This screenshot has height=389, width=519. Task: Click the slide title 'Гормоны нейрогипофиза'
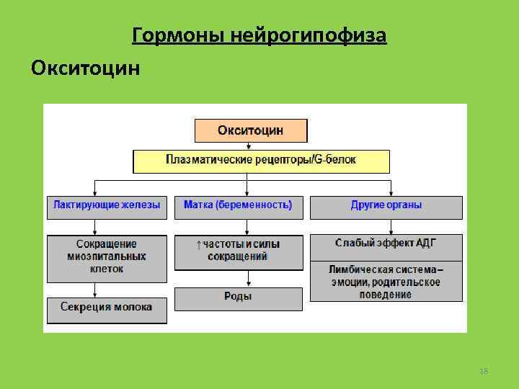click(259, 35)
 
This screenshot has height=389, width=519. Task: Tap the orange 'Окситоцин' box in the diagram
click(251, 130)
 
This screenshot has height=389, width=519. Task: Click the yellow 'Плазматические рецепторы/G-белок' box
click(261, 160)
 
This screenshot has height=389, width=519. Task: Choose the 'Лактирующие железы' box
click(107, 206)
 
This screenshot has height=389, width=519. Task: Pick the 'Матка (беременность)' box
click(238, 206)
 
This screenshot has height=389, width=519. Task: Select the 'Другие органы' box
click(386, 206)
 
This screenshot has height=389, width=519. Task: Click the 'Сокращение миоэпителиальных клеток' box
click(107, 256)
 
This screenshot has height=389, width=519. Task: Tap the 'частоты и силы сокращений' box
click(238, 251)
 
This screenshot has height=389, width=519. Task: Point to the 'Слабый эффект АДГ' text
click(386, 243)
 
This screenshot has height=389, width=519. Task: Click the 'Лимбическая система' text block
click(386, 282)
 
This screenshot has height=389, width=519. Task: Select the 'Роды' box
click(238, 297)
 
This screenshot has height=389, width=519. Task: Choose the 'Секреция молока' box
click(107, 308)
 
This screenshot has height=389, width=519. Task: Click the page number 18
click(484, 370)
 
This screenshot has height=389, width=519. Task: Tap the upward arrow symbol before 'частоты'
click(199, 245)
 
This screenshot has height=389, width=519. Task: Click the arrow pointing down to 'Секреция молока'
click(95, 289)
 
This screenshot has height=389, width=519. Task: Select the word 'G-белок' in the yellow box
click(335, 159)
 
